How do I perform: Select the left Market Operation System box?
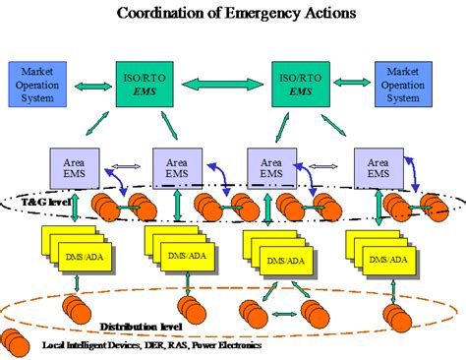[x=36, y=83]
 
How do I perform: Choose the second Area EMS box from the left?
[x=177, y=165]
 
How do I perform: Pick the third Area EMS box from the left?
[x=271, y=165]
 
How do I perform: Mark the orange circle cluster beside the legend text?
[x=17, y=344]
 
